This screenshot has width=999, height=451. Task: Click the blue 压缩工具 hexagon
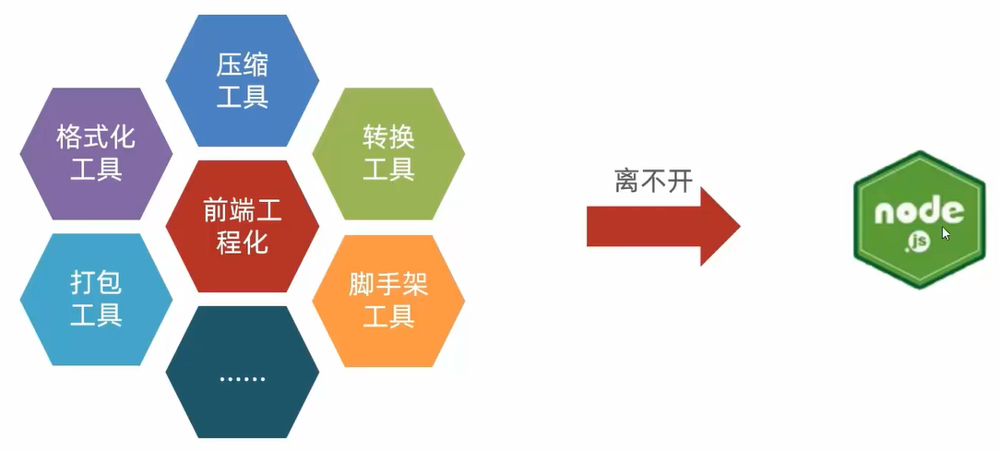[x=243, y=81]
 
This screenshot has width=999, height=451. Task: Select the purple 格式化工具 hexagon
[x=96, y=154]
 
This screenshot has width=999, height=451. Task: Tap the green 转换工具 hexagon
[x=388, y=154]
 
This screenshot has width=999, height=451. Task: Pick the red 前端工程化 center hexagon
[x=243, y=227]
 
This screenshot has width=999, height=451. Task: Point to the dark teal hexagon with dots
[x=243, y=373]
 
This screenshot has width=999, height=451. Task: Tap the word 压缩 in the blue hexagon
[x=243, y=65]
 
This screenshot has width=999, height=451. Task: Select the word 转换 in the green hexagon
[x=388, y=138]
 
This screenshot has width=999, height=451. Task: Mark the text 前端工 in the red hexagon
[x=243, y=211]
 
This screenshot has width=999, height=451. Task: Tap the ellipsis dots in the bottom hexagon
[x=243, y=379]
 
